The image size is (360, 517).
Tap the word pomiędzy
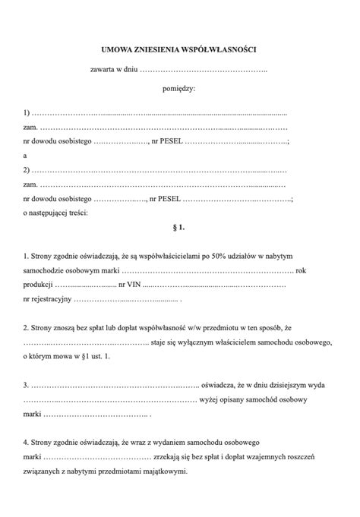(x=179, y=89)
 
